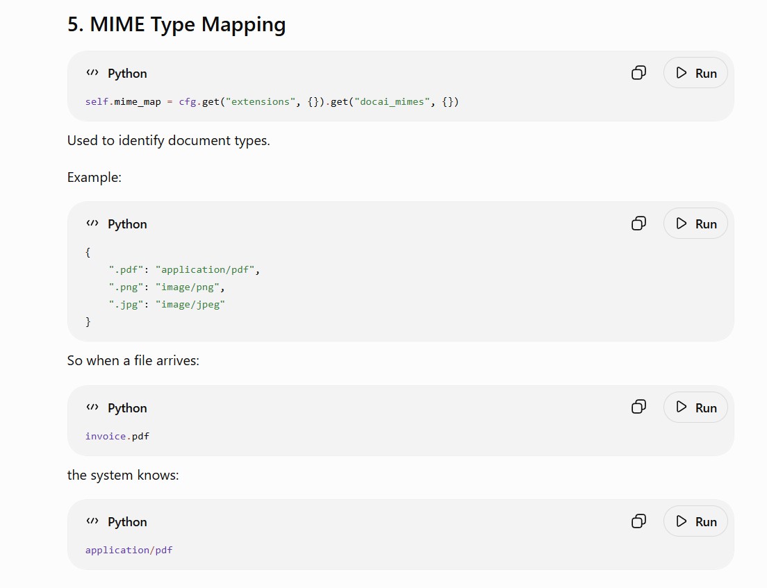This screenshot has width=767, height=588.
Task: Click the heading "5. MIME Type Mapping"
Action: tap(176, 24)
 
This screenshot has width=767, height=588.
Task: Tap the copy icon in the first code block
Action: tap(638, 73)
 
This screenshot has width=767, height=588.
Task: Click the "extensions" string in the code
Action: tap(261, 101)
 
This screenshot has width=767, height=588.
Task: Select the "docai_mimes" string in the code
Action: tap(392, 101)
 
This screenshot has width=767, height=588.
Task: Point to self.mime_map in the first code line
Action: tap(123, 101)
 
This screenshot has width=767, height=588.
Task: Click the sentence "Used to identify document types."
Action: tap(168, 141)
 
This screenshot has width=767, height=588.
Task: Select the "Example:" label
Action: tap(94, 178)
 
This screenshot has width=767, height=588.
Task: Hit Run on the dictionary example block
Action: tap(695, 224)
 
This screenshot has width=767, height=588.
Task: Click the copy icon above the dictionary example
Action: tap(638, 224)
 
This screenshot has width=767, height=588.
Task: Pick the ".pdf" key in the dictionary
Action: tap(126, 270)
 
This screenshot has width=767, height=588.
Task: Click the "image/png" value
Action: tap(188, 287)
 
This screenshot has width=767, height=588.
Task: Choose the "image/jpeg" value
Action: tap(190, 305)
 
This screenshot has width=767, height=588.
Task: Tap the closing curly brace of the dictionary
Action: tap(88, 321)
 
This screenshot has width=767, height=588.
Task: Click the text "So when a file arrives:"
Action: tap(133, 361)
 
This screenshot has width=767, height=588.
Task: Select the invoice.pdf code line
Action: tap(117, 436)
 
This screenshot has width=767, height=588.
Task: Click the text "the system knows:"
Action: tap(123, 475)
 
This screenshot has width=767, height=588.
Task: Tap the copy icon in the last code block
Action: tap(638, 521)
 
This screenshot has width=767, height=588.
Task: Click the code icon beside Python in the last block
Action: tap(92, 521)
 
